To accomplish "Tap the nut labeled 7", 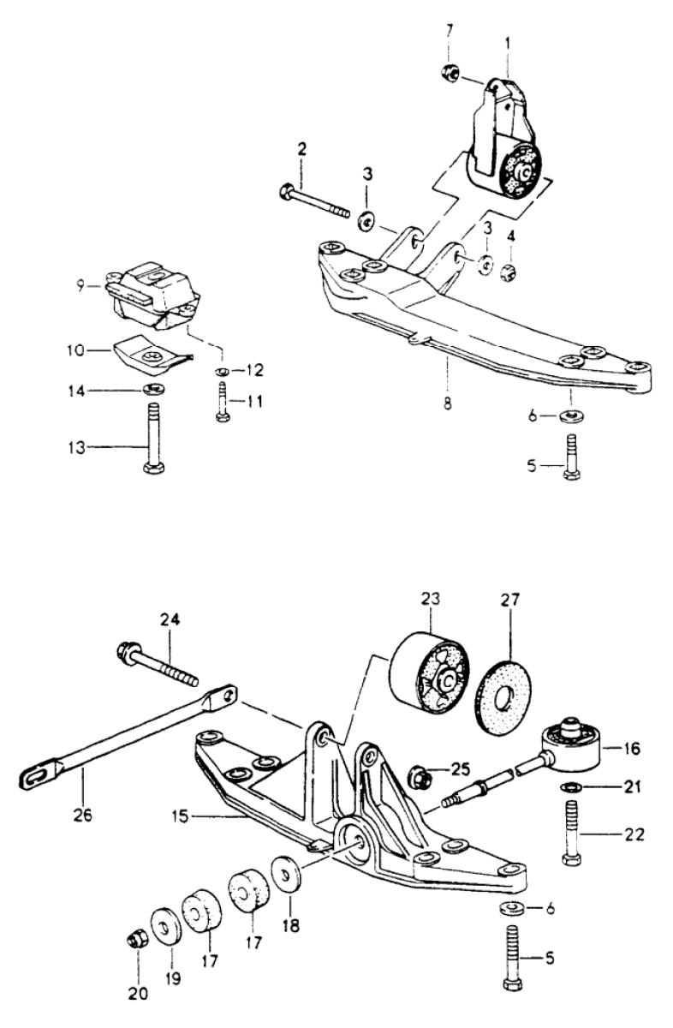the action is (x=450, y=73).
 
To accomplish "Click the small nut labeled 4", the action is (x=509, y=272).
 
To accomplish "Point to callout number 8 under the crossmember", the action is (x=448, y=403).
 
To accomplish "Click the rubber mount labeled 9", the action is (x=152, y=294).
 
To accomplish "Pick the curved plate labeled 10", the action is (x=151, y=352).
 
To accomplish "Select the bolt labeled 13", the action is (x=154, y=438).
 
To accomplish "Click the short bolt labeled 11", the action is (x=223, y=401).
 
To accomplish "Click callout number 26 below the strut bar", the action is (x=84, y=815).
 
